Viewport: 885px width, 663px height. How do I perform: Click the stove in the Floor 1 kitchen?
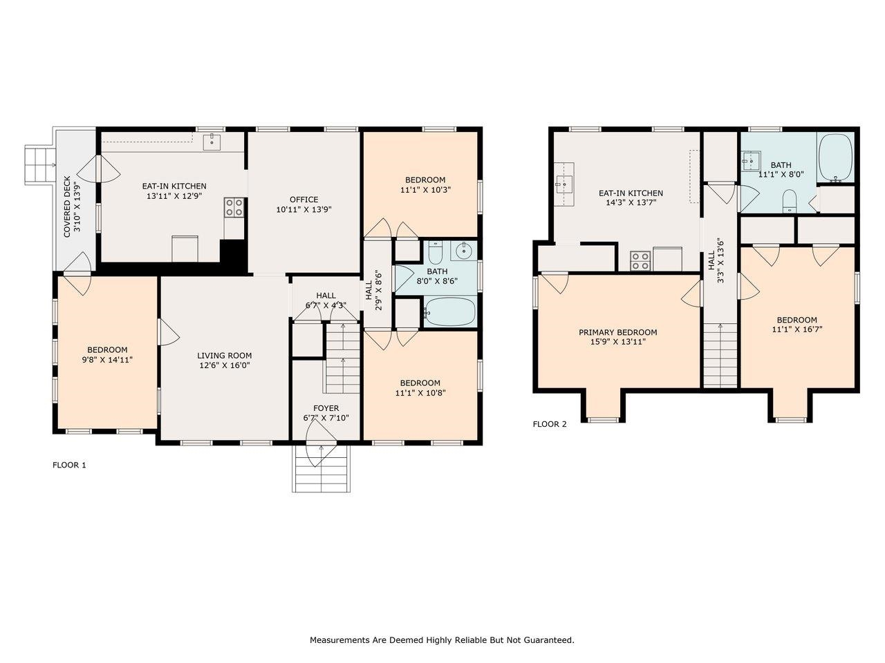[234, 207]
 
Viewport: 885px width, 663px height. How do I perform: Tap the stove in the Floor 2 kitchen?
[640, 260]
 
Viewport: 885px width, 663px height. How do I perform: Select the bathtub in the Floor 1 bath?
[450, 312]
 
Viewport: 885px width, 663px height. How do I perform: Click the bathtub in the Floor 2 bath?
[836, 158]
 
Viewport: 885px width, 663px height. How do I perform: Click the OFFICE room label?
[304, 200]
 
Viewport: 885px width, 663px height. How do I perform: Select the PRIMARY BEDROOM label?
[617, 332]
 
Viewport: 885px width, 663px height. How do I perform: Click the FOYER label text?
[326, 408]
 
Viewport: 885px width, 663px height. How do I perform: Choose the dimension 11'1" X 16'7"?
[796, 329]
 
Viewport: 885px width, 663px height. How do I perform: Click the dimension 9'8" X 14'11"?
[107, 359]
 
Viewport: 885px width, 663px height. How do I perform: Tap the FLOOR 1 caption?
[69, 465]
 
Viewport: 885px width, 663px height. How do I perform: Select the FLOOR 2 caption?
[550, 424]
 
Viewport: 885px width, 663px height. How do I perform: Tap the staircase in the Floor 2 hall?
[720, 356]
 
